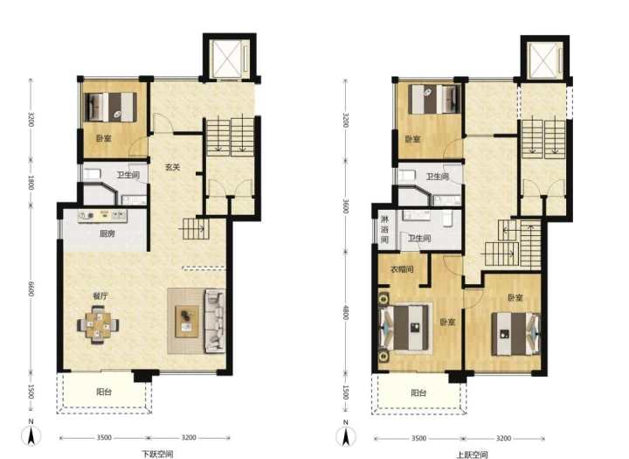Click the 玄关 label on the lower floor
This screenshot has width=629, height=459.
[172, 167]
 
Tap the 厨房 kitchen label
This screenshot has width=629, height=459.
[107, 233]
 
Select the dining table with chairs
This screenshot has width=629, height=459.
[98, 325]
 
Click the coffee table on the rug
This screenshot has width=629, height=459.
[187, 321]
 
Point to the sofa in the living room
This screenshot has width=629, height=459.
[215, 321]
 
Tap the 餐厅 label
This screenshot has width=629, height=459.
[100, 296]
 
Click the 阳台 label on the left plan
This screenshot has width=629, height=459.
[104, 392]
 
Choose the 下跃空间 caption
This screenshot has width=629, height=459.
[157, 454]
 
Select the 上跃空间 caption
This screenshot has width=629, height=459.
[472, 454]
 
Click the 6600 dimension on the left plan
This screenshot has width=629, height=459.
[31, 289]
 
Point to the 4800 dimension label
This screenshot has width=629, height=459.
[345, 311]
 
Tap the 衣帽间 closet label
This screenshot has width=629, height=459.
[402, 269]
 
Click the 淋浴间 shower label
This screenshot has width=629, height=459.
[384, 230]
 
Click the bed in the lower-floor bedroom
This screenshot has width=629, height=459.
[111, 108]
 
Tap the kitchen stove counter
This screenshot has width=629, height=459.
[102, 216]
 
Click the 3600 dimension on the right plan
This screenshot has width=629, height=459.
[345, 205]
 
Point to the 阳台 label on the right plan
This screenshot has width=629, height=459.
[418, 393]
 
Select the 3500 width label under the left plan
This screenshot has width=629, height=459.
[104, 437]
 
